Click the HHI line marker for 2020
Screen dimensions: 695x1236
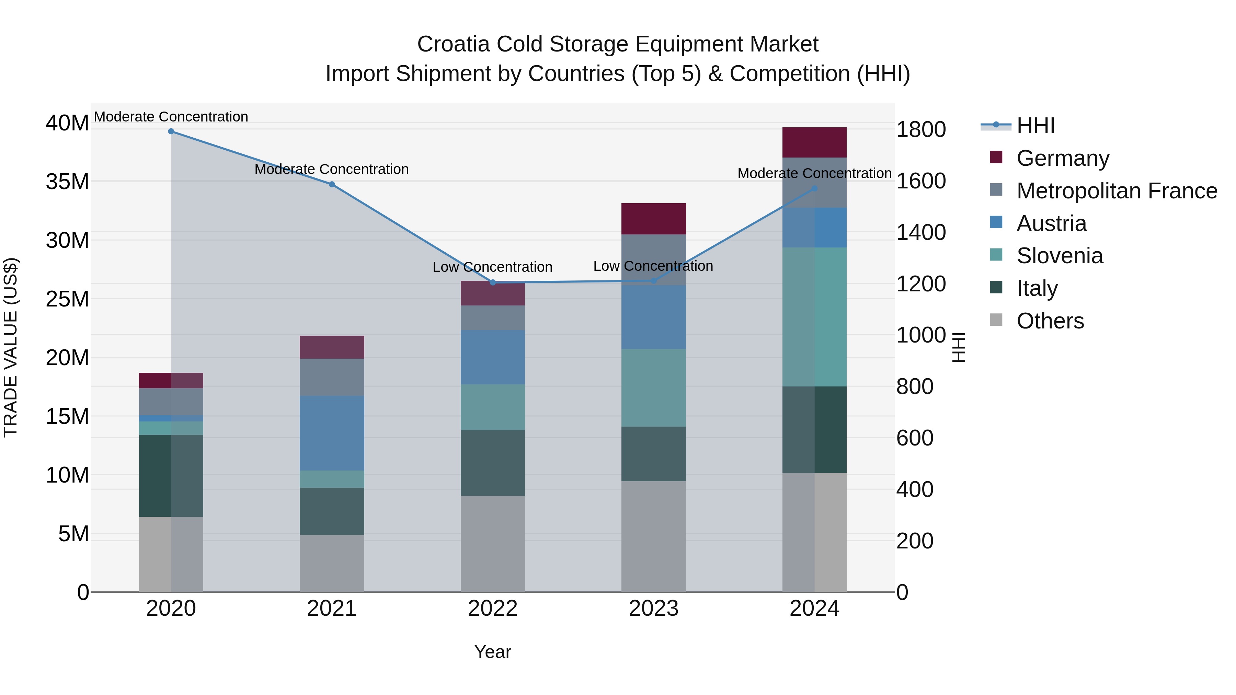(x=171, y=131)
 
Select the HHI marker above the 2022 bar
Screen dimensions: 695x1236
(x=493, y=282)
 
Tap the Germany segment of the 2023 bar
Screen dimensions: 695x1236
(x=653, y=219)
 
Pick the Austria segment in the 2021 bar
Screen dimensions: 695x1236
(x=332, y=433)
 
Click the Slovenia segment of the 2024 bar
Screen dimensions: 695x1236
(x=814, y=317)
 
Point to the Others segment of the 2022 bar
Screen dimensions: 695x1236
(x=493, y=544)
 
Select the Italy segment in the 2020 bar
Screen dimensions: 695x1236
(x=171, y=476)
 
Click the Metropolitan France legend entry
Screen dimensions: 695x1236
(x=1117, y=191)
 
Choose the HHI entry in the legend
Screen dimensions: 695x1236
(x=1035, y=126)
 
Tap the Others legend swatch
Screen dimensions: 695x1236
(x=996, y=320)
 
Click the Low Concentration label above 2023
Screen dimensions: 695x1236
(x=653, y=266)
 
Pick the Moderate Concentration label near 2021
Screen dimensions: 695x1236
(x=332, y=169)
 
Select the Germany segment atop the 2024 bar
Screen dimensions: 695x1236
(x=814, y=142)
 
